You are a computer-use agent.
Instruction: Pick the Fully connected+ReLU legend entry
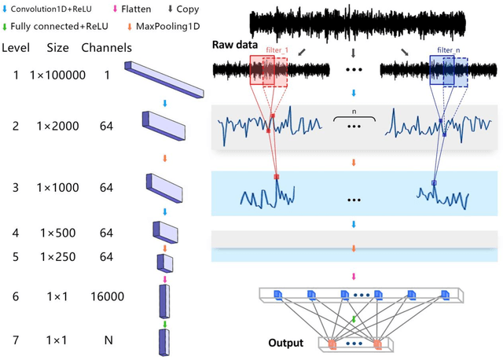[52, 27]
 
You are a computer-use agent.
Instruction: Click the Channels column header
[106, 48]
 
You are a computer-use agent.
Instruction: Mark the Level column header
[17, 48]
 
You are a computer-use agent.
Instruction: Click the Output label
[285, 343]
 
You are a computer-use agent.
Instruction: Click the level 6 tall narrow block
[164, 299]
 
